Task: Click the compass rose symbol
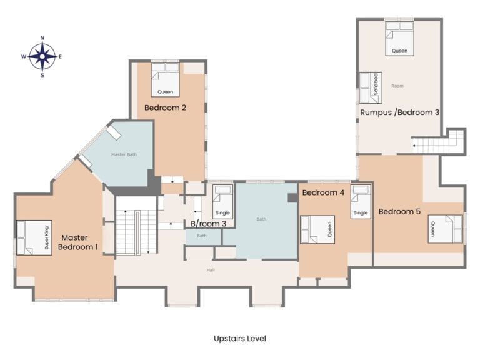(x=42, y=57)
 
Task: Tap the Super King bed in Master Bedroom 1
(x=34, y=237)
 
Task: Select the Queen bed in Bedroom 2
(x=165, y=79)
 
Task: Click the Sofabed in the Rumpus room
(x=371, y=88)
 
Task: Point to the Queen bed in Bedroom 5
(x=446, y=229)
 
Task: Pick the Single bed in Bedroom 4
(x=361, y=202)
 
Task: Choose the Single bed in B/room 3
(x=222, y=202)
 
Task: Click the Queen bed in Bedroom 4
(x=317, y=229)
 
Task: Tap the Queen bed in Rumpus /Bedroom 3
(x=399, y=39)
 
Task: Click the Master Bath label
(x=124, y=154)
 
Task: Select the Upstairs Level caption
(x=240, y=339)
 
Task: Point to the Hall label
(x=211, y=270)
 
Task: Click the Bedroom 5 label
(x=399, y=211)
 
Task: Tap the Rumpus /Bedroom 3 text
(x=400, y=112)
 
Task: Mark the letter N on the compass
(x=42, y=38)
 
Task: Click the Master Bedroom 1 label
(x=77, y=242)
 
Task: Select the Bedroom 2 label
(x=165, y=107)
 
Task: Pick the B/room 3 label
(x=209, y=224)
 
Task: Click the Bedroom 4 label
(x=323, y=192)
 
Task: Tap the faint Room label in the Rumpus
(x=397, y=86)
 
